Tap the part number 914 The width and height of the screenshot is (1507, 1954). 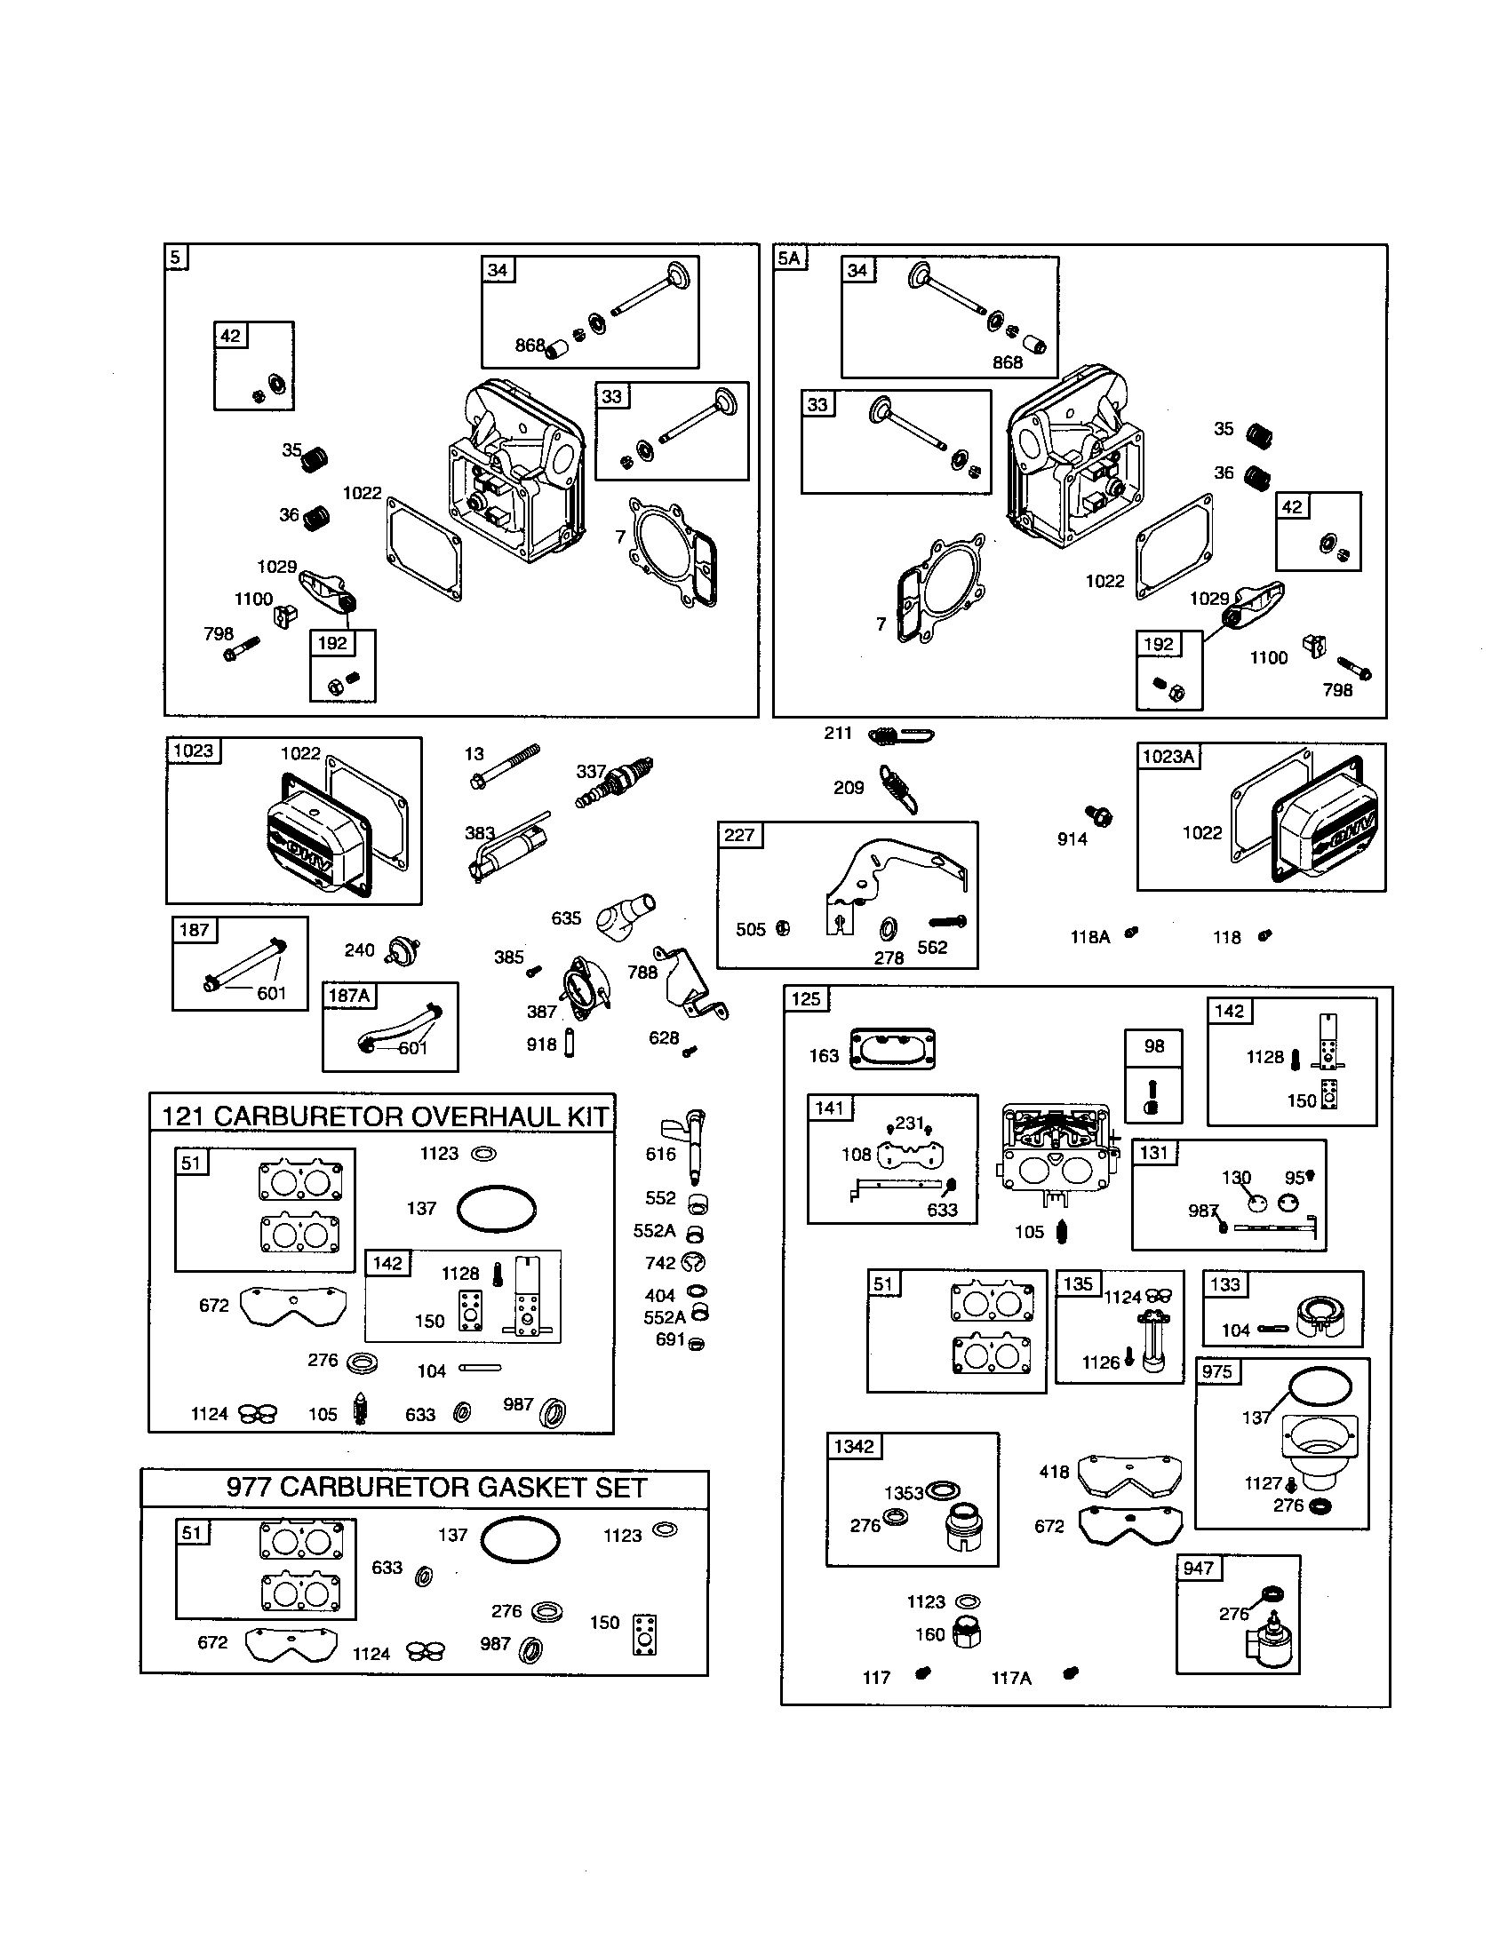tap(1072, 839)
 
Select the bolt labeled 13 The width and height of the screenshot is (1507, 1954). tap(506, 767)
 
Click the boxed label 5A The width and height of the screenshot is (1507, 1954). tap(790, 258)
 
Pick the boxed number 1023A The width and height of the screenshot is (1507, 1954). tap(1168, 757)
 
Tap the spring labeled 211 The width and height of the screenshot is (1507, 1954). tap(900, 735)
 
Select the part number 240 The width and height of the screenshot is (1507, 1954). tap(359, 950)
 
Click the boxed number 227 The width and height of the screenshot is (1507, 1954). tap(739, 835)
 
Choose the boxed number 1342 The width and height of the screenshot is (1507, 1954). tap(854, 1447)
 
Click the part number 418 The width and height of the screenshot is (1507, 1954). tap(1054, 1472)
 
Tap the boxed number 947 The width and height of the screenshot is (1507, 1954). tap(1199, 1569)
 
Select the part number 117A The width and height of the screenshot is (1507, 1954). tap(1011, 1679)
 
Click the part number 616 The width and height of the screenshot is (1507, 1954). tap(660, 1154)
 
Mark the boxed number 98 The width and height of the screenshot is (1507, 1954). tap(1154, 1046)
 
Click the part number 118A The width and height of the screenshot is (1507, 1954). tap(1090, 937)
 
